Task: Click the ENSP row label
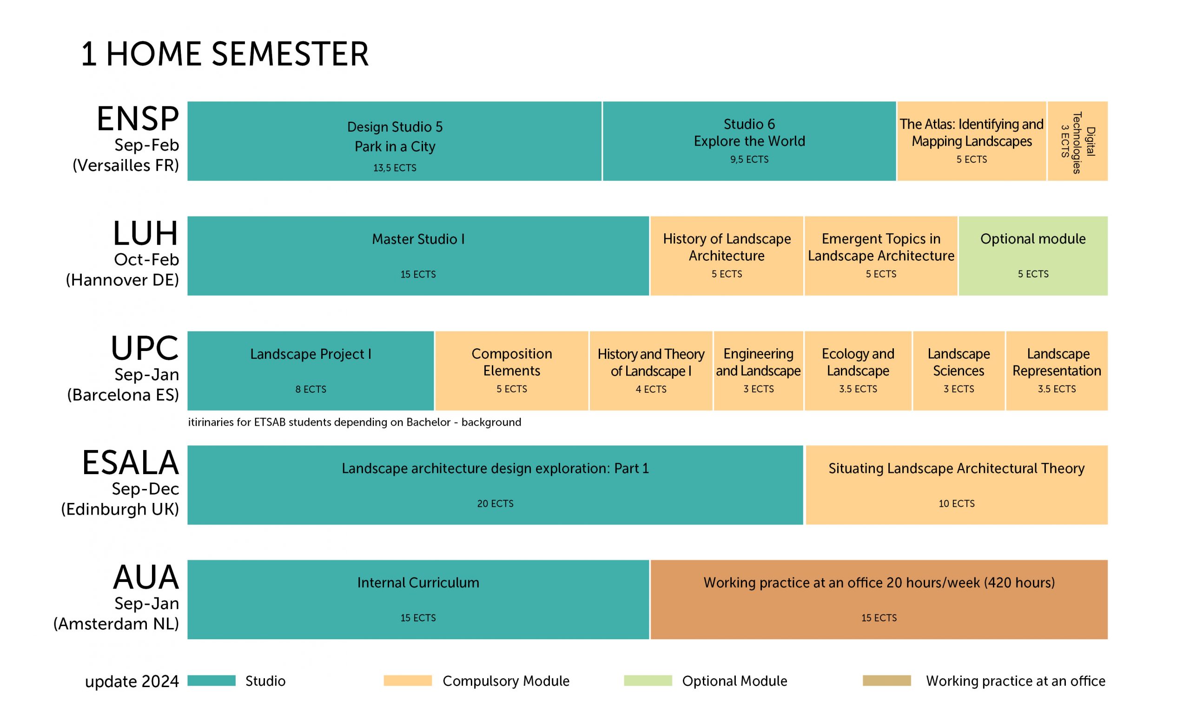138,119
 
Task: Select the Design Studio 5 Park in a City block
394,141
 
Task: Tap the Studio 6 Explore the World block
749,141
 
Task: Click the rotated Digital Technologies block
1078,141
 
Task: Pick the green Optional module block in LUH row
1033,256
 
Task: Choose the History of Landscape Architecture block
727,256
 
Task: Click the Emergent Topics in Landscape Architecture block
881,256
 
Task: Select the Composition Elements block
511,371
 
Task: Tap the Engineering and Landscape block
758,371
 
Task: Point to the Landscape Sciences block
959,371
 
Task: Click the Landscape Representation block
1057,371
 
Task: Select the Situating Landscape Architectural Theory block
957,485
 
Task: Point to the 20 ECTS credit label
495,504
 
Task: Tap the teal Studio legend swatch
212,681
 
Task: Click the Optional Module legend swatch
648,681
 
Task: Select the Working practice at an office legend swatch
887,681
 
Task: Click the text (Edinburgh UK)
120,509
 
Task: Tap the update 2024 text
132,681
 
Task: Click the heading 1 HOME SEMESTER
225,53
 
